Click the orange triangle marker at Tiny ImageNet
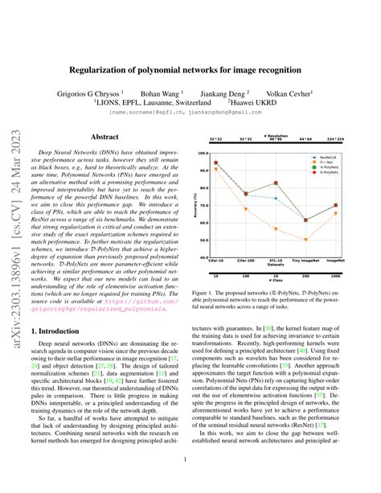305,240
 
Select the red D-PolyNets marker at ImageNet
336,206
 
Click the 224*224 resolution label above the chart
336,139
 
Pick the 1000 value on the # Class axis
336,274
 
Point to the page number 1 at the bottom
190,461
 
